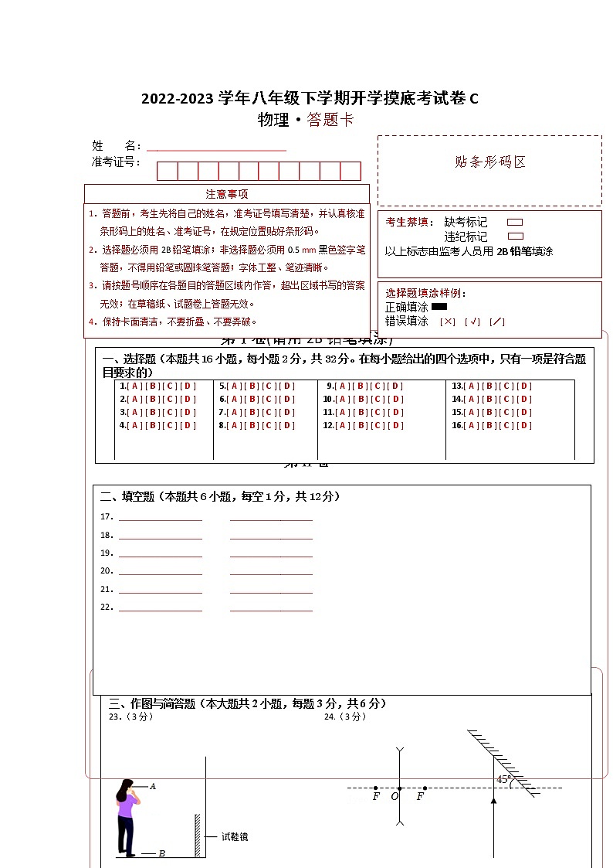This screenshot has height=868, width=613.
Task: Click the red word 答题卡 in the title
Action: tap(330, 120)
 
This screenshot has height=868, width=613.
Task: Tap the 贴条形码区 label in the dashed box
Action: tap(490, 162)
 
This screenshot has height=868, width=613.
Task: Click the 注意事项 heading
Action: tap(227, 194)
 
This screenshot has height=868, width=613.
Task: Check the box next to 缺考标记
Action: tap(515, 223)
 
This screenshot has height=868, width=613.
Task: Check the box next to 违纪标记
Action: tap(515, 237)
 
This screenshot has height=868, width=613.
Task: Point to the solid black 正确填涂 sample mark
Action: tap(439, 307)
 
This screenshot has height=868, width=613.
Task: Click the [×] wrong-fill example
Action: tap(448, 322)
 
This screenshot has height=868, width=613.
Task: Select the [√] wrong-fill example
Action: tap(472, 322)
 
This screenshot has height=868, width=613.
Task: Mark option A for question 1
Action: tap(135, 386)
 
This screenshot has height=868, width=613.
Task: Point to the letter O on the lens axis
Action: tap(395, 796)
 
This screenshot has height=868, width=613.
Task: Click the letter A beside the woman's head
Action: tap(153, 786)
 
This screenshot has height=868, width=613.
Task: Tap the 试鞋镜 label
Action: tap(235, 836)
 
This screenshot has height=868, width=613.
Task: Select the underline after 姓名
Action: tap(216, 148)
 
